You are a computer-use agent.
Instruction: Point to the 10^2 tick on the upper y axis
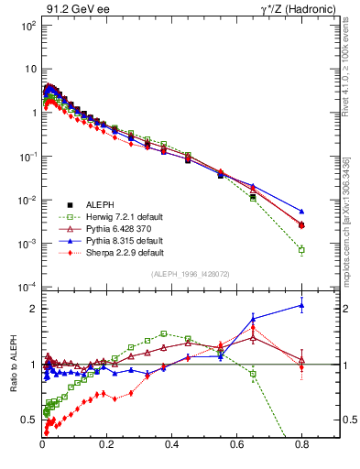pos(28,26)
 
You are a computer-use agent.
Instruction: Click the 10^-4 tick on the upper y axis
pos(27,287)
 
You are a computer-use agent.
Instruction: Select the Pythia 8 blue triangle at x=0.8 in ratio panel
pos(301,306)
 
